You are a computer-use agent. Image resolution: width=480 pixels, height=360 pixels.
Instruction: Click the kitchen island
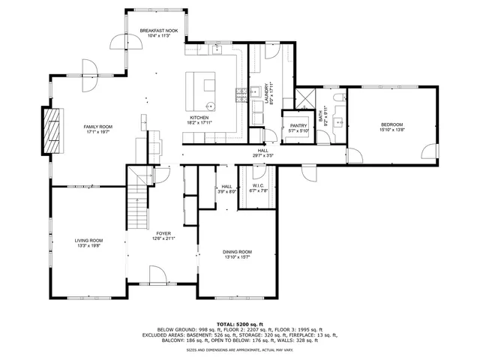(x=201, y=89)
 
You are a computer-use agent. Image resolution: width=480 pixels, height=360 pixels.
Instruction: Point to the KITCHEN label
(x=199, y=117)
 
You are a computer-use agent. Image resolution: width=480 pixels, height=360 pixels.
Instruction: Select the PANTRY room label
(x=298, y=126)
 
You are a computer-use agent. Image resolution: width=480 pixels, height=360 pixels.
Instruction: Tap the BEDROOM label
(x=391, y=124)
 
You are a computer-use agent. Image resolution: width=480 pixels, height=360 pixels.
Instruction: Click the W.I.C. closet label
(x=258, y=186)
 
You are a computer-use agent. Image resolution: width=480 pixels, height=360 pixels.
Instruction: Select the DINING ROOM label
(x=237, y=252)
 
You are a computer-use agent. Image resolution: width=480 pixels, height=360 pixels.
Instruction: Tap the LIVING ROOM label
(x=87, y=241)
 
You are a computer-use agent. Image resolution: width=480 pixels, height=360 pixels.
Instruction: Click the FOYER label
(x=163, y=234)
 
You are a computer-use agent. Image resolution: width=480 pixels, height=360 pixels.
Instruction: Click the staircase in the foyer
(x=139, y=206)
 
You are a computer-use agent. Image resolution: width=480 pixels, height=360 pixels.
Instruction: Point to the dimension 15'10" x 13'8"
(x=391, y=130)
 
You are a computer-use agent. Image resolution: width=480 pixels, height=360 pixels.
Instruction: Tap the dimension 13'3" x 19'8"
(x=87, y=246)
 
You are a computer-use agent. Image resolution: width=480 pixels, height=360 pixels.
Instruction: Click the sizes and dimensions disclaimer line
(x=240, y=349)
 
